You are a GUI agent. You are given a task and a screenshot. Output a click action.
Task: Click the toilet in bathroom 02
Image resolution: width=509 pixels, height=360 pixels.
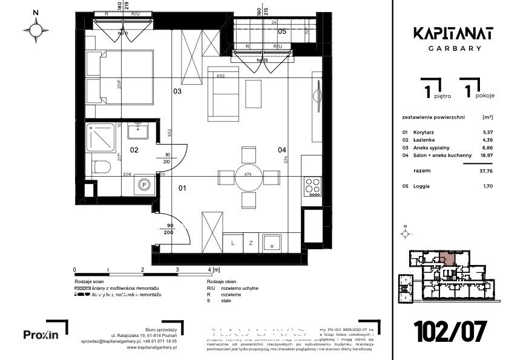point(101,165)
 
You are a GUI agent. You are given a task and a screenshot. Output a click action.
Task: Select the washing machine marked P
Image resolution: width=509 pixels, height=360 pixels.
point(144,186)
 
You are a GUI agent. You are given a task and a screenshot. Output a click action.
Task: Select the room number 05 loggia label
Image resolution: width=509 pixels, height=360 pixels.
point(282,31)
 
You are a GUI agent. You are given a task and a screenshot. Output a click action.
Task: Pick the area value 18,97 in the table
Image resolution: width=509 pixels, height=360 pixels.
point(486,156)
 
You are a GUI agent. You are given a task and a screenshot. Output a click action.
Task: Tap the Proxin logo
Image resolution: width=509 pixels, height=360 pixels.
point(41,334)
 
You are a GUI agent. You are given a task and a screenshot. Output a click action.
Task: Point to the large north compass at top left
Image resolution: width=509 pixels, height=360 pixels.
point(36,28)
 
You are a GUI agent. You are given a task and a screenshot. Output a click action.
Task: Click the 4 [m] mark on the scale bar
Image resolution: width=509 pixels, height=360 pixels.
point(212,269)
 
